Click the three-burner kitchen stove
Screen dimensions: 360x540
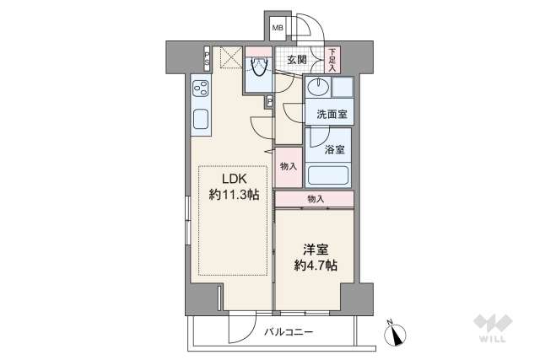[202, 88]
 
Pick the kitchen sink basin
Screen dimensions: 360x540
[202, 121]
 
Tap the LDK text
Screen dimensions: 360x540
[234, 179]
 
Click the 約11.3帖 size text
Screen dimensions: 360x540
[234, 195]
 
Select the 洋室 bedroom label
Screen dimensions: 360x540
[314, 248]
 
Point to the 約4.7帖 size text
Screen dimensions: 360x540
[314, 265]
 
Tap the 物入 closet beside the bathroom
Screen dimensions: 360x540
[288, 167]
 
